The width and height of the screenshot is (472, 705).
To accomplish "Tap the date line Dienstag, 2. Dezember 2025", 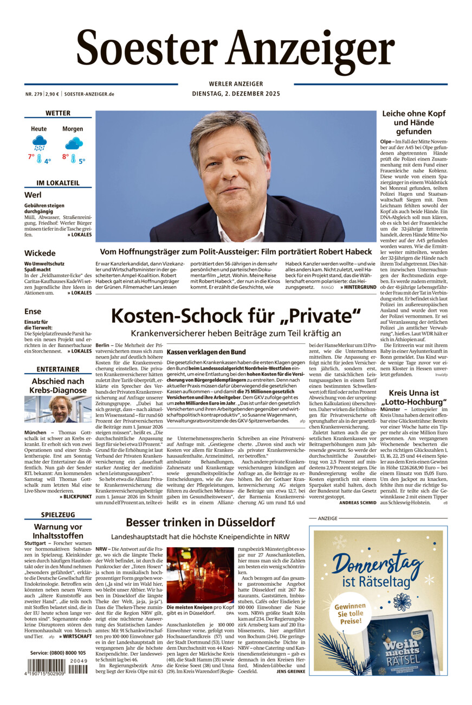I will (x=235, y=94).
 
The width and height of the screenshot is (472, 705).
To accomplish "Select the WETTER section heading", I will (x=58, y=113).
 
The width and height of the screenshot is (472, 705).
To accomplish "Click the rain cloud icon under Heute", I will (x=39, y=143).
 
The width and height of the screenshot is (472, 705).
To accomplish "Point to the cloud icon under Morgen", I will (x=73, y=143).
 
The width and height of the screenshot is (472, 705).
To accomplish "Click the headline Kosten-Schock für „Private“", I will (x=236, y=316).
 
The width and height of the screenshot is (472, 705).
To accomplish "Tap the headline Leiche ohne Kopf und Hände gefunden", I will (x=413, y=123).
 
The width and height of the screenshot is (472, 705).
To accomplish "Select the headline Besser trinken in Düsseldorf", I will (x=200, y=523).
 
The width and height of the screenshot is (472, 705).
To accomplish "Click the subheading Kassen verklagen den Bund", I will (x=198, y=352).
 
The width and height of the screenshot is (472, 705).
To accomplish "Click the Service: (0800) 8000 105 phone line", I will (x=58, y=652).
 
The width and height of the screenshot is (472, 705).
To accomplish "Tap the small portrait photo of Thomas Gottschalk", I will (x=58, y=409).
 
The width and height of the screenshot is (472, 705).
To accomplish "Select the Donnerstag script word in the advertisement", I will (x=378, y=563).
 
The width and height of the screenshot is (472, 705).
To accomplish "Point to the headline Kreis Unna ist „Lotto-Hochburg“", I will (x=413, y=397).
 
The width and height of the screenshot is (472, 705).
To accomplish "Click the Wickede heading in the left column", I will (x=40, y=253).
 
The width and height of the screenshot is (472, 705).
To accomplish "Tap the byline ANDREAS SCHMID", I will (x=357, y=503).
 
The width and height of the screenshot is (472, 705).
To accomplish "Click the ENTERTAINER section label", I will (x=58, y=369).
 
